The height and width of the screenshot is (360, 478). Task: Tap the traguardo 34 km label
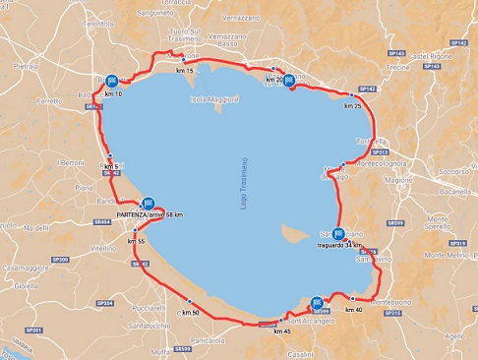click(340, 246)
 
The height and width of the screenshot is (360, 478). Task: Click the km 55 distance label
click(135, 241)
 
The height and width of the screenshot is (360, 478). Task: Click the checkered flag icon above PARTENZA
click(149, 201)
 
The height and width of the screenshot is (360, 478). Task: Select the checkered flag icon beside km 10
click(113, 81)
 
